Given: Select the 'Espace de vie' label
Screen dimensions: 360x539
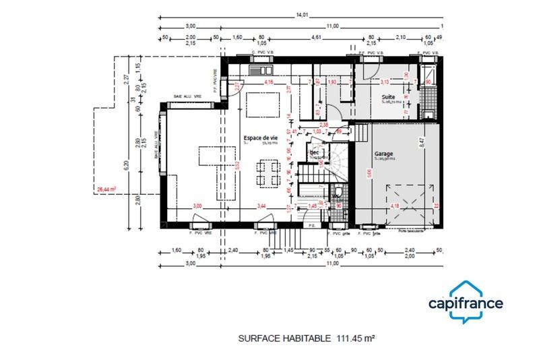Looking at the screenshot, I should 259,138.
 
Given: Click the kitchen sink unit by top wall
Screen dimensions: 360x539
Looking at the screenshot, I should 259,69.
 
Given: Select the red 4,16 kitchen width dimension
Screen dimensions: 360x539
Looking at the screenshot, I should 269,83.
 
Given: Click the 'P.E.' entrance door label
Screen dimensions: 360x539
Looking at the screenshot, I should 312,225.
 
